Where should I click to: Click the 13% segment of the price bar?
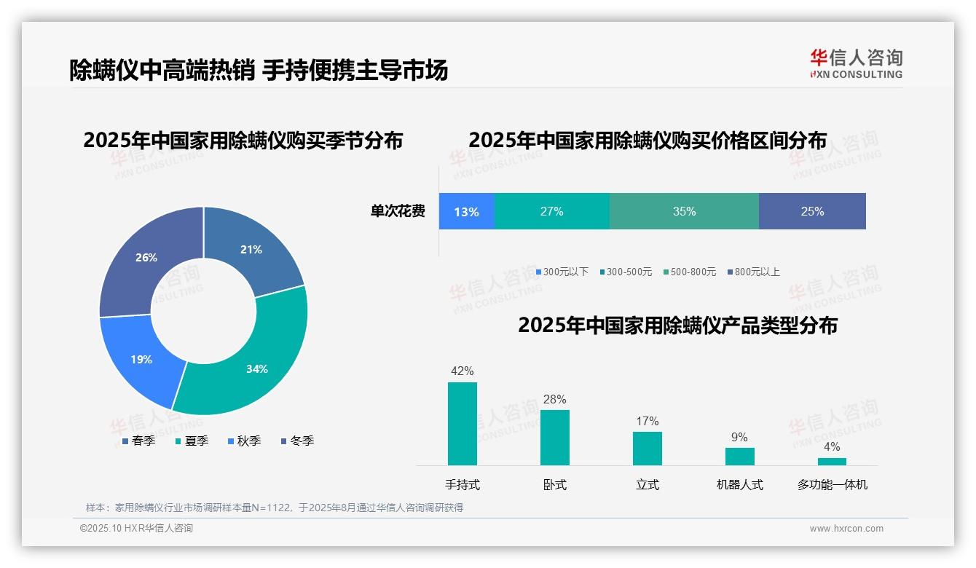[x=466, y=211]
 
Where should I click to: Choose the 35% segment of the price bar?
[x=684, y=211]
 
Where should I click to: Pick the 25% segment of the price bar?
[x=812, y=211]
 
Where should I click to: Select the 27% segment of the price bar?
[x=551, y=211]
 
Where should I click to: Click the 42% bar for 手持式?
[x=463, y=424]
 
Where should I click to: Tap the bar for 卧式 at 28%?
[x=555, y=438]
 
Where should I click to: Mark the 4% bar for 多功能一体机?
[x=832, y=462]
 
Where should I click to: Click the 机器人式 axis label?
[x=739, y=485]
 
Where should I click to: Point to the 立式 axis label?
[x=647, y=485]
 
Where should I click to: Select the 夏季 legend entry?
[x=192, y=441]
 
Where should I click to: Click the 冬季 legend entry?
[x=297, y=441]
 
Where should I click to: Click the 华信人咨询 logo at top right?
[x=856, y=63]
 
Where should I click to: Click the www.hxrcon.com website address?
[x=846, y=529]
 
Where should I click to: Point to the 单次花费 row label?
[x=398, y=212]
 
